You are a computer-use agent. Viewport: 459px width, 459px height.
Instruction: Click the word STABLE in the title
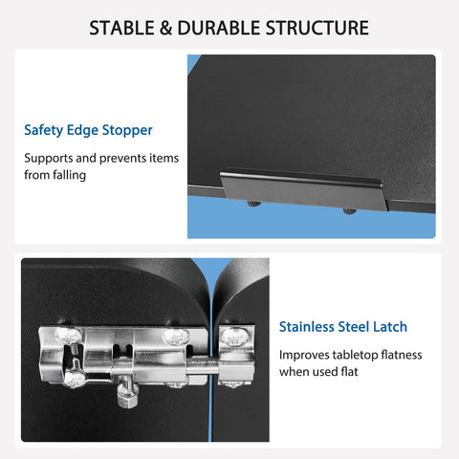click(122, 28)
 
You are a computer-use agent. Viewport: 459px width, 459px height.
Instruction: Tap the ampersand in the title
click(165, 28)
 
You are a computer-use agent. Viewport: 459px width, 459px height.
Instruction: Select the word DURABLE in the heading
click(219, 28)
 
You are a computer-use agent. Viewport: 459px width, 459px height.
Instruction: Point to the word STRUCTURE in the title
click(317, 28)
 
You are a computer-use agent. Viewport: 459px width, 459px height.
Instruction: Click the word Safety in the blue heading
click(44, 130)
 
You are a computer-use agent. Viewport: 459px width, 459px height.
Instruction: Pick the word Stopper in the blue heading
click(127, 131)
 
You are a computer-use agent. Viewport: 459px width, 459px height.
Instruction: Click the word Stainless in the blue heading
click(306, 327)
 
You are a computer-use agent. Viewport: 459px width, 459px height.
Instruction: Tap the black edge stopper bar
click(303, 189)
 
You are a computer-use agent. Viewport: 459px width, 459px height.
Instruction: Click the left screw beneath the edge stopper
click(254, 204)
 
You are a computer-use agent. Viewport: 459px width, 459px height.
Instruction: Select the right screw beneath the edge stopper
click(350, 210)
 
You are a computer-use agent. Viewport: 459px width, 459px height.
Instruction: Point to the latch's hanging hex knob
click(127, 394)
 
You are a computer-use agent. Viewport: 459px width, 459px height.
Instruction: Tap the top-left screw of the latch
click(68, 335)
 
